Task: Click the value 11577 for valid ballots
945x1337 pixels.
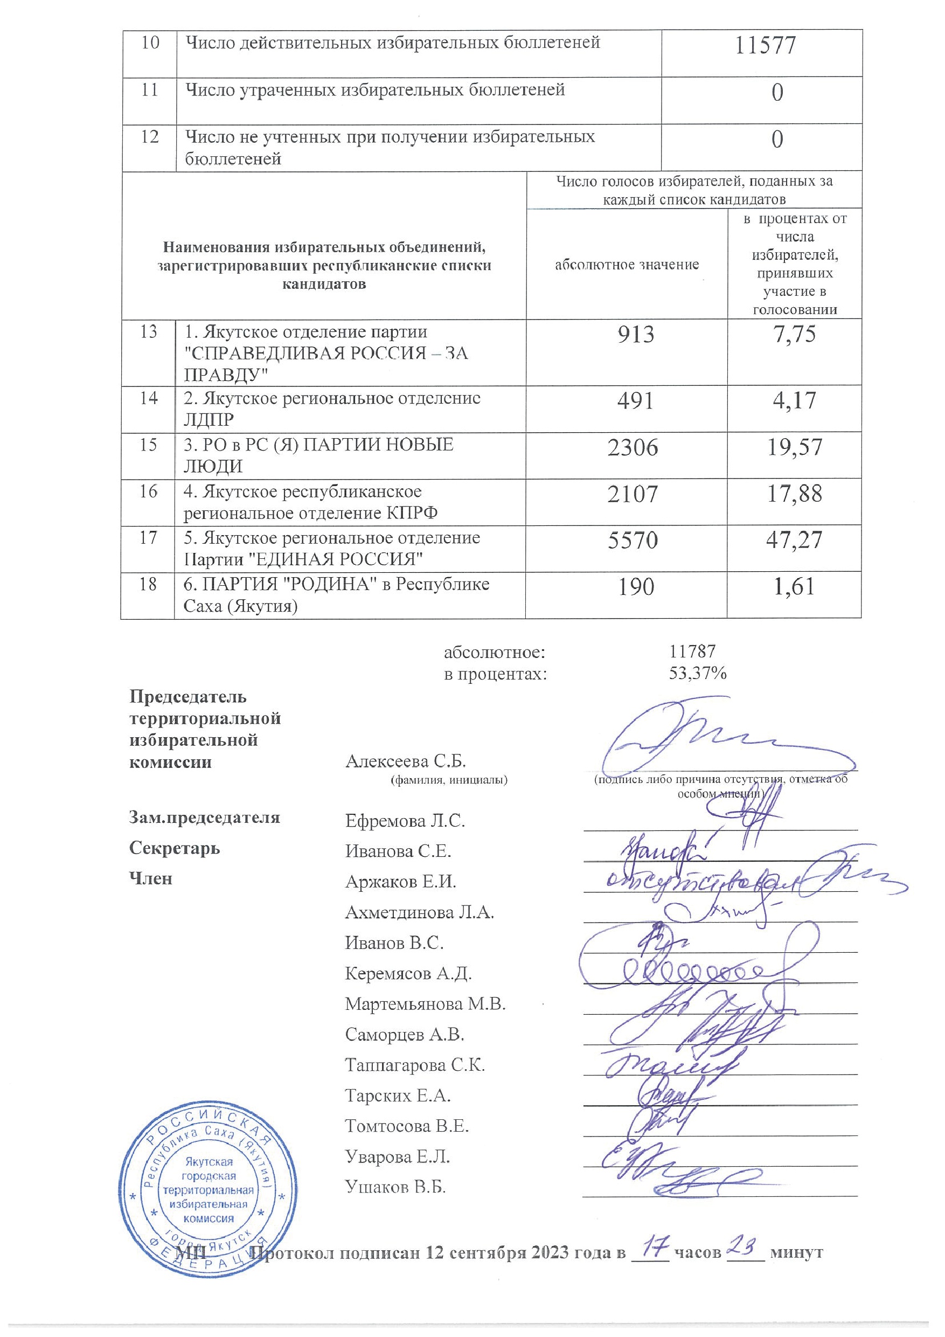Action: (x=765, y=45)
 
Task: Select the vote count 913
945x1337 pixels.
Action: (x=636, y=334)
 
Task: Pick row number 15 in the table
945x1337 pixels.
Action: (x=149, y=445)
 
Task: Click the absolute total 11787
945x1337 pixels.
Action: (x=692, y=651)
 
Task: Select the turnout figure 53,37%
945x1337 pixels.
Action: (x=698, y=674)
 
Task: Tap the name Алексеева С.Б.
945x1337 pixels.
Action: (x=406, y=761)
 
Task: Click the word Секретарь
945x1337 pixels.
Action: (x=175, y=848)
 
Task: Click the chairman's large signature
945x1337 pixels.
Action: (x=699, y=739)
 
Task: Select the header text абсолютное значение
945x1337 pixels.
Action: (x=627, y=265)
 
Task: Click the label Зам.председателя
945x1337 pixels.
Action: (x=204, y=818)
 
